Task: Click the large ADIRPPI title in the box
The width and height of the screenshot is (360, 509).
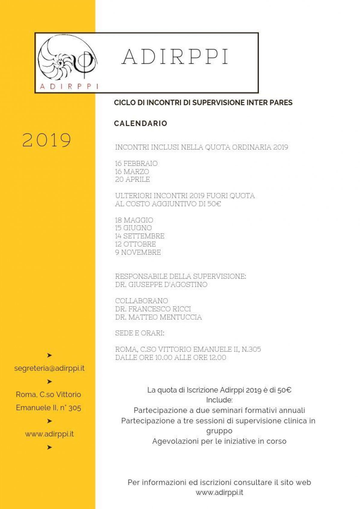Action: click(175, 56)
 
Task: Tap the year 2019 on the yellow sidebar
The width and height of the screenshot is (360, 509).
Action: click(47, 140)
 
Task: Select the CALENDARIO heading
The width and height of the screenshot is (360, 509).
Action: click(140, 123)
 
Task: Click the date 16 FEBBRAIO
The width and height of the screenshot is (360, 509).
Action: click(136, 163)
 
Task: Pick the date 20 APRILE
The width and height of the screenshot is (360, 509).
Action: click(132, 179)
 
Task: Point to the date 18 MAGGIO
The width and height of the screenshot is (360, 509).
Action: click(134, 220)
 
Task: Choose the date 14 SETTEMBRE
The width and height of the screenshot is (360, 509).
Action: click(139, 236)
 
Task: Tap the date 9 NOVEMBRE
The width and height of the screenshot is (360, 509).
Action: click(138, 252)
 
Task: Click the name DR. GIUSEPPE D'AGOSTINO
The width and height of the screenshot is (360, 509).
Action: click(161, 284)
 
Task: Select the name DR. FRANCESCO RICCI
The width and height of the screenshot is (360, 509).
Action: click(153, 309)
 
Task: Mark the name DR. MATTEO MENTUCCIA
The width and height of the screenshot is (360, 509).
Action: click(158, 317)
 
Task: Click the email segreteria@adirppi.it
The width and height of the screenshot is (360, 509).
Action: click(49, 368)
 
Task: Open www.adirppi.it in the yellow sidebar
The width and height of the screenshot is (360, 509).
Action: click(49, 434)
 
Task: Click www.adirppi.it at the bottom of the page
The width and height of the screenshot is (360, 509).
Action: click(219, 493)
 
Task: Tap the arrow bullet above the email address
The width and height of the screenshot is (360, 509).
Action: click(49, 355)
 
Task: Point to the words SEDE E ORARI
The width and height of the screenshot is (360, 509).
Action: click(139, 333)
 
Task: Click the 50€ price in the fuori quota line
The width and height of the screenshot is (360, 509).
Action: click(214, 204)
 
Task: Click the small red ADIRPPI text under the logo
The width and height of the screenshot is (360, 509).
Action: click(69, 86)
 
